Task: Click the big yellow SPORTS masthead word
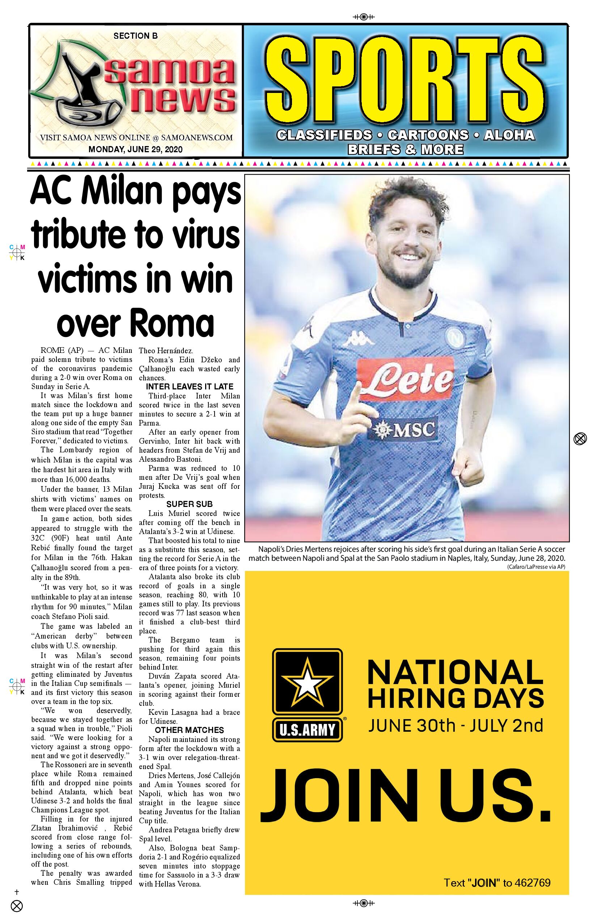(405, 79)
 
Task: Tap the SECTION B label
(135, 36)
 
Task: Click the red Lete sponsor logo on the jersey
(405, 379)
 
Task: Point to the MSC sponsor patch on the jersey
(405, 429)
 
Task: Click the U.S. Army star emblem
(308, 682)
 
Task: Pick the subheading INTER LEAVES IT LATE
(190, 387)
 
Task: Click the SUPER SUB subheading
(190, 504)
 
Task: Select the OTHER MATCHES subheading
(190, 730)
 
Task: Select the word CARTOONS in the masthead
(428, 135)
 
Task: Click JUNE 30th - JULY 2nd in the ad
(456, 726)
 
